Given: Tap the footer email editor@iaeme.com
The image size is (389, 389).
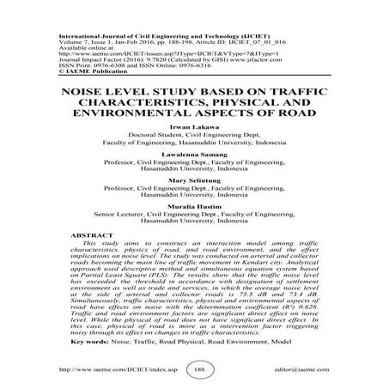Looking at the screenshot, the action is click(x=307, y=368).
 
